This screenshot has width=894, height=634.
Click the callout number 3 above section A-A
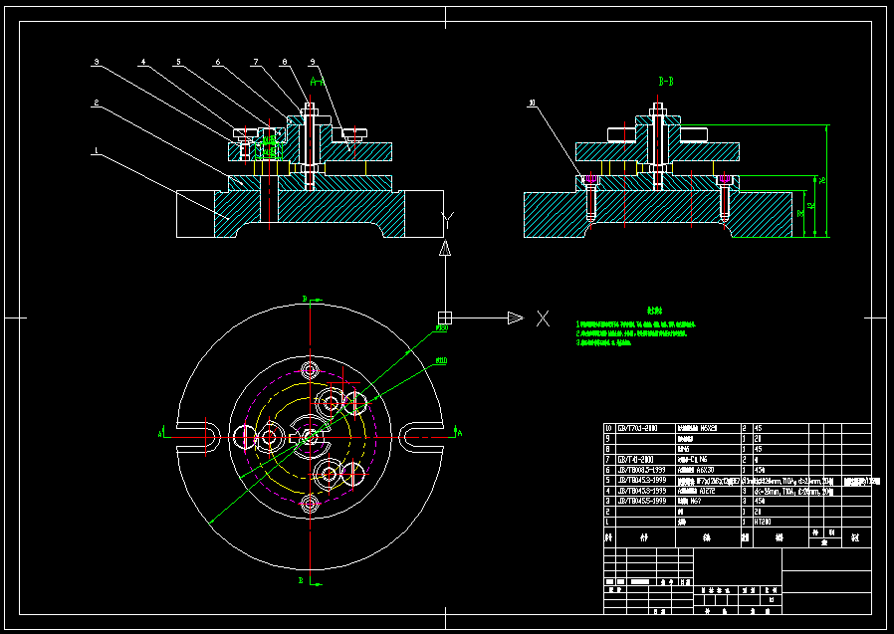[x=97, y=62]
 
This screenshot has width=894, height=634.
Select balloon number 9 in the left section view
[x=313, y=62]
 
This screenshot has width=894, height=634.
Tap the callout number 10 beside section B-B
[x=533, y=103]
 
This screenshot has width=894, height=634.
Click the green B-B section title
[x=666, y=79]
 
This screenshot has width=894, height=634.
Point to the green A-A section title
[x=316, y=79]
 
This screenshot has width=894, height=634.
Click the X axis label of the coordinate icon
[x=543, y=318]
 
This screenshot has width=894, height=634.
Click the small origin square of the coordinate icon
[x=444, y=318]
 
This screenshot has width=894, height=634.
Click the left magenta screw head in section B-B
[x=588, y=180]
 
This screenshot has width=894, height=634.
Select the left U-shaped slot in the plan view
[x=194, y=435]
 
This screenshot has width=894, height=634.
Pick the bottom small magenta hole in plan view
[x=310, y=504]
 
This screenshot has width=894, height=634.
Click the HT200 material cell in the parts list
[x=764, y=521]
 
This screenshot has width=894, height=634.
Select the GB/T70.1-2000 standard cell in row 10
[x=638, y=428]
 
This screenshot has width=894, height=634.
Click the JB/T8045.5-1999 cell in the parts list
[x=638, y=501]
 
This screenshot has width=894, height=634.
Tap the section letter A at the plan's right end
[x=459, y=433]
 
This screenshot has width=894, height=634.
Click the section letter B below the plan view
[x=301, y=577]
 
